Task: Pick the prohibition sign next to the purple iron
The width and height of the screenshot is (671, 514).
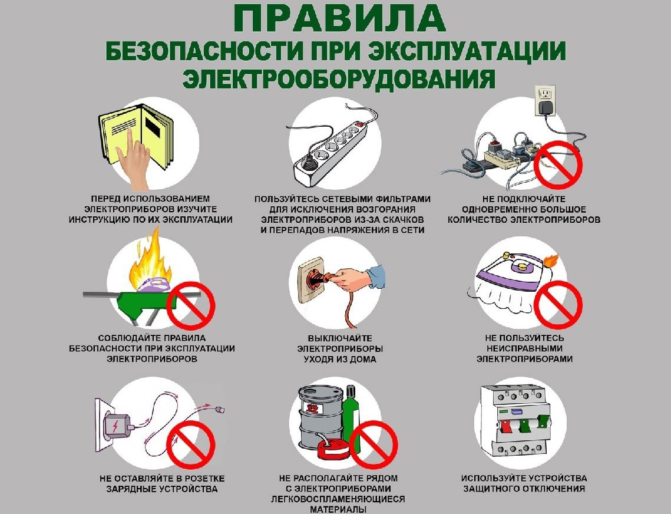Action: pyautogui.click(x=557, y=305)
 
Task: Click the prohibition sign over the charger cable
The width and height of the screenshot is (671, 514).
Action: pyautogui.click(x=190, y=444)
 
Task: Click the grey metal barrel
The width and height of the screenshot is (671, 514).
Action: pyautogui.click(x=320, y=416)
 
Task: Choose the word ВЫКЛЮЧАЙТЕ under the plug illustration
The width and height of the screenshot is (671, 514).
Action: pyautogui.click(x=340, y=338)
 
